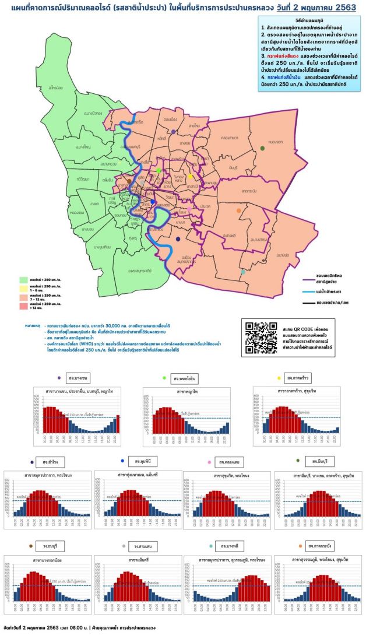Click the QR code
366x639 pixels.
[261, 334]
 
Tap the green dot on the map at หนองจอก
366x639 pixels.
[263, 149]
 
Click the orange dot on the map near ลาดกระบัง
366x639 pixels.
[238, 210]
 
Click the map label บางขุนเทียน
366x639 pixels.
[101, 247]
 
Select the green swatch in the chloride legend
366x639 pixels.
[24, 279]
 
